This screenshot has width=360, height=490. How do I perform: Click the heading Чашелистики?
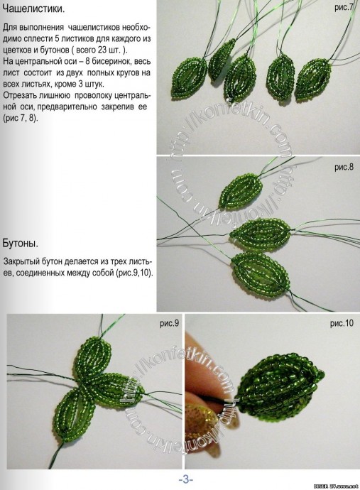(34, 9)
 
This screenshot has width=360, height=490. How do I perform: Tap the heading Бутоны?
(21, 244)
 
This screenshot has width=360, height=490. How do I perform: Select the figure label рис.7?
(344, 7)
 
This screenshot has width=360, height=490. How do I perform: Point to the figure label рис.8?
(344, 167)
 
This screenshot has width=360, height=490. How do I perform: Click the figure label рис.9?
(170, 323)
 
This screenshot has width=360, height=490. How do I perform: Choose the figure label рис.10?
(342, 323)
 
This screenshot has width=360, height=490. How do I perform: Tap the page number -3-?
(186, 479)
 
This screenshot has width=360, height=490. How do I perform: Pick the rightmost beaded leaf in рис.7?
(313, 79)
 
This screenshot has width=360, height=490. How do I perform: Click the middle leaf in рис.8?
(260, 233)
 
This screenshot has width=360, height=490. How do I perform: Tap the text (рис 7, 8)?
(21, 118)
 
